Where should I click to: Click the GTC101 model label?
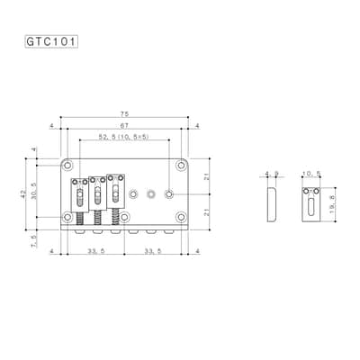tap(51, 41)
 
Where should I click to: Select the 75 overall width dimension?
tap(124, 114)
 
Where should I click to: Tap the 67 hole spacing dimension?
tap(124, 126)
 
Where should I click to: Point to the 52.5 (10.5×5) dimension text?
tap(124, 137)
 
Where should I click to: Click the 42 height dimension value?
tap(23, 194)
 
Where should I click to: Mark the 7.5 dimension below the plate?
tap(33, 241)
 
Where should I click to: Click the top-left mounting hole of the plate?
tap(67, 166)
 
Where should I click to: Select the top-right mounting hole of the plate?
tap(181, 166)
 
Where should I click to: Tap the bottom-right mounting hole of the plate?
tap(181, 217)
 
